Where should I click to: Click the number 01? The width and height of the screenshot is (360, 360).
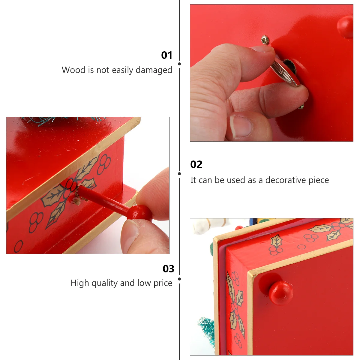tap(167, 55)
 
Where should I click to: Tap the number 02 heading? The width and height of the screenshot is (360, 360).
tap(196, 164)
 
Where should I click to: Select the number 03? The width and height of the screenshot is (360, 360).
tap(168, 269)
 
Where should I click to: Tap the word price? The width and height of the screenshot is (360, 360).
tap(163, 283)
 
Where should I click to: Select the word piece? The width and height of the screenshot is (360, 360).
tap(319, 180)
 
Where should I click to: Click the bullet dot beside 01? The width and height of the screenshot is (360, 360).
tap(179, 64)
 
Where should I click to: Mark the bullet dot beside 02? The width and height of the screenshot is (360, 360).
tap(179, 174)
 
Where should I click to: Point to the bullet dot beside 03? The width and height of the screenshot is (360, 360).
tap(179, 279)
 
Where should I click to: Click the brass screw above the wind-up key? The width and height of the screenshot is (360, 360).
tap(265, 40)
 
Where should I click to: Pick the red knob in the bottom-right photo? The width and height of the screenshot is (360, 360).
tap(280, 293)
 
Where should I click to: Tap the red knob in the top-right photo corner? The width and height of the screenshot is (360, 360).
tap(345, 26)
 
